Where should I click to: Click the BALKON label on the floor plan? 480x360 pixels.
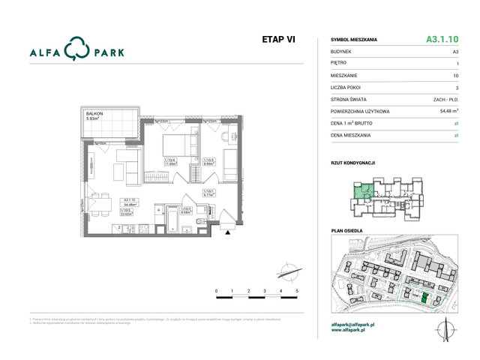[94, 113]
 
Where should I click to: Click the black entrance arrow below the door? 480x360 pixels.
[228, 233]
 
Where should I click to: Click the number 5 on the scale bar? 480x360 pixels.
[297, 289]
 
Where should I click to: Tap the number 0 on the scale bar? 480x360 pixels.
[216, 289]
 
